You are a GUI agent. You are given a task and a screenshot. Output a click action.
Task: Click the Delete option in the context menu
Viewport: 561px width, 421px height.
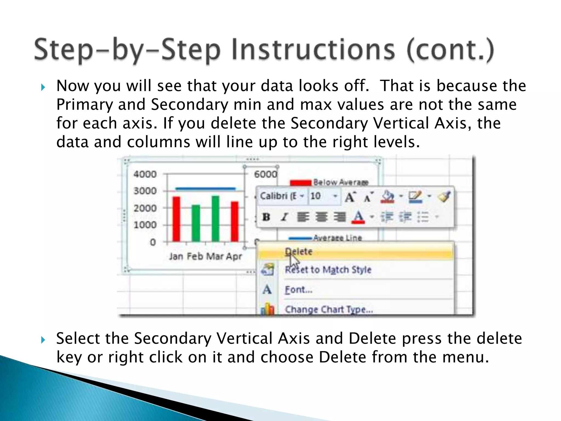(x=299, y=252)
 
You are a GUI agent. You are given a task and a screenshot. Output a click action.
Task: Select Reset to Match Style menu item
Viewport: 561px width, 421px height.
(x=328, y=270)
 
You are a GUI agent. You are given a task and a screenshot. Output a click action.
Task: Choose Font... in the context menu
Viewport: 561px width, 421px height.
(x=299, y=290)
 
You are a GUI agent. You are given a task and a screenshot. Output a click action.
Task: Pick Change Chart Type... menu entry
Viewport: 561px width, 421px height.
(x=329, y=309)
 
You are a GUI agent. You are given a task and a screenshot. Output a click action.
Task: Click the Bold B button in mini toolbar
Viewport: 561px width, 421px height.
(x=266, y=217)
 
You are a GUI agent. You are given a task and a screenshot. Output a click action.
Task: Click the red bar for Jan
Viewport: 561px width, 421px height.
(x=176, y=219)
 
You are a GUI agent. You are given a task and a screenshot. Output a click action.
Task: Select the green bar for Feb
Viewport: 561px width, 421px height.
(x=196, y=223)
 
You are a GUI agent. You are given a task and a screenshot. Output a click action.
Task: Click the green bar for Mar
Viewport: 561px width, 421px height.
(x=216, y=218)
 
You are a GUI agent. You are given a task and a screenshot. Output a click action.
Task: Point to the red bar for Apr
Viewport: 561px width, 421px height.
(x=235, y=221)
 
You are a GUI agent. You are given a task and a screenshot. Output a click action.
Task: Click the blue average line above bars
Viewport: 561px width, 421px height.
(x=205, y=189)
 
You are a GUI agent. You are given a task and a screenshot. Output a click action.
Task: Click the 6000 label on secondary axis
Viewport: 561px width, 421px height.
(x=265, y=174)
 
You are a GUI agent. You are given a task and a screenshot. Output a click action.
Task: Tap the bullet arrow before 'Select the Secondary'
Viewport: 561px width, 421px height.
(x=43, y=340)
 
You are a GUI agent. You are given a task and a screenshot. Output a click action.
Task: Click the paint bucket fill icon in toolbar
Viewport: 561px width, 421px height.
(x=387, y=196)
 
